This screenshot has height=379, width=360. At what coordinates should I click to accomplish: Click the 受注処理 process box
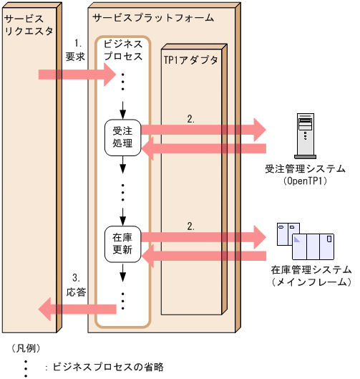coord(122,136)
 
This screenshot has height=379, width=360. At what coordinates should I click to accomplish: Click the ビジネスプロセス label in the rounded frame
coord(123,50)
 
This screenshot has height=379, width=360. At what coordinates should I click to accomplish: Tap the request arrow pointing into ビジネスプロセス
coord(76,74)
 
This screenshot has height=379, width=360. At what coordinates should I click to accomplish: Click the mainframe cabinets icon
coord(308,242)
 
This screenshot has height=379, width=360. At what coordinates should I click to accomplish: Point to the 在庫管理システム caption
coord(311,271)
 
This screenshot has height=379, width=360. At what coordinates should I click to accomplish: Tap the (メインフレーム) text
coord(311,283)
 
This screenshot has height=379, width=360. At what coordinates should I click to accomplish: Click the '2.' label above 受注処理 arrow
coord(190,119)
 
